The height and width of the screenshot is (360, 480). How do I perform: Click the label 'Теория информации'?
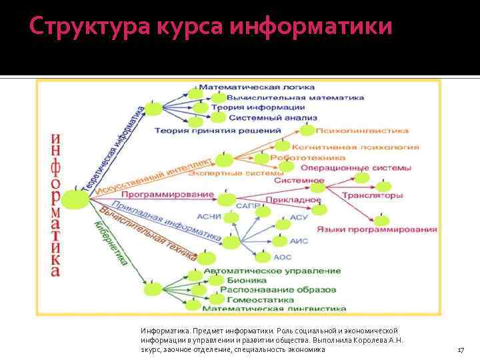258,107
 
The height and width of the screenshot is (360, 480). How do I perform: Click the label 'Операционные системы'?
356,168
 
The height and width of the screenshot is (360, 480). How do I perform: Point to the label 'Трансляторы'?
372,196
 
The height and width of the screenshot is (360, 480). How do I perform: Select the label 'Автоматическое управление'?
272,271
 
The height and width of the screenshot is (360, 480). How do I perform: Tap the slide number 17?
460,349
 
